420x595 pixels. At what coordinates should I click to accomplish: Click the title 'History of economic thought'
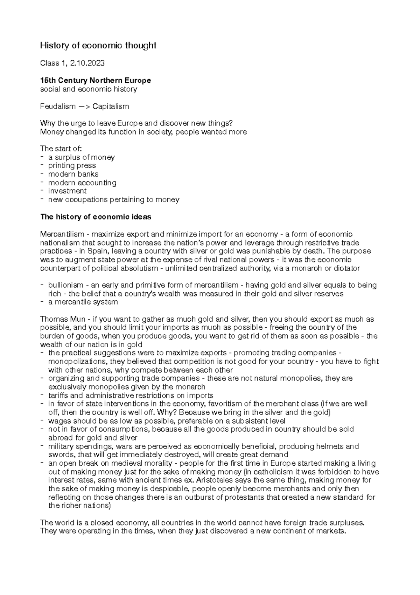[x=98, y=46]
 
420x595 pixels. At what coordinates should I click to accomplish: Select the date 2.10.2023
[x=87, y=63]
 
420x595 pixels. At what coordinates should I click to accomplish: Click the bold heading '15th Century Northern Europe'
[x=96, y=80]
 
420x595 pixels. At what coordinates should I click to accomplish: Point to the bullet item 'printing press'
[x=72, y=165]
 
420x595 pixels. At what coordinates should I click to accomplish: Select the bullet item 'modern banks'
[x=73, y=174]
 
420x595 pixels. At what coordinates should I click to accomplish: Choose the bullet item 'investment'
[x=67, y=191]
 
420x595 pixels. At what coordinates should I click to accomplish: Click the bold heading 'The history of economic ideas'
[x=96, y=217]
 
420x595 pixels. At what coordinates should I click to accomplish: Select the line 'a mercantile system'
[x=83, y=302]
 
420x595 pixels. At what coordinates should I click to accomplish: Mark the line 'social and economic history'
[x=89, y=89]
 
